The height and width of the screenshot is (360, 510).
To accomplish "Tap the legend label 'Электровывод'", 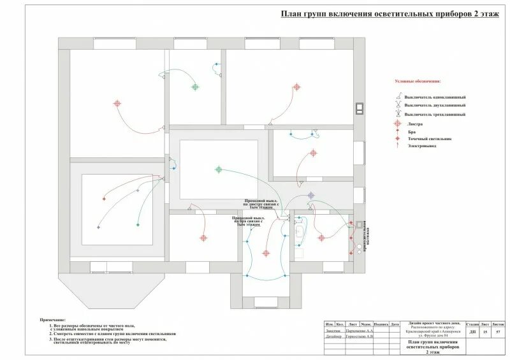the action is coord(421,147).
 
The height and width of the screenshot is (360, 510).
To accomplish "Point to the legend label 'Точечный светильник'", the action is coord(428,138).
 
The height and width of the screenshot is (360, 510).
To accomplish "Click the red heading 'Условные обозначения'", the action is coord(418,82).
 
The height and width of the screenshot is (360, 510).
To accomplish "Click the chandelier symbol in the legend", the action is coord(398,124).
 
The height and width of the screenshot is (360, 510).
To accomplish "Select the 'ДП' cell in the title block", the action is coord(472,332).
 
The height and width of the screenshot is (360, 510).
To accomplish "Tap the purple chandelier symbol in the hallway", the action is coord(310,196).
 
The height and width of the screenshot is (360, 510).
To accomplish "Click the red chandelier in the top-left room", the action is coord(117,103).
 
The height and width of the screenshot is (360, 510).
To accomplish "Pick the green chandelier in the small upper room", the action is coord(195,87).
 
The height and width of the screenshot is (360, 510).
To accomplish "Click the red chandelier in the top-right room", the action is coord(295,88).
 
